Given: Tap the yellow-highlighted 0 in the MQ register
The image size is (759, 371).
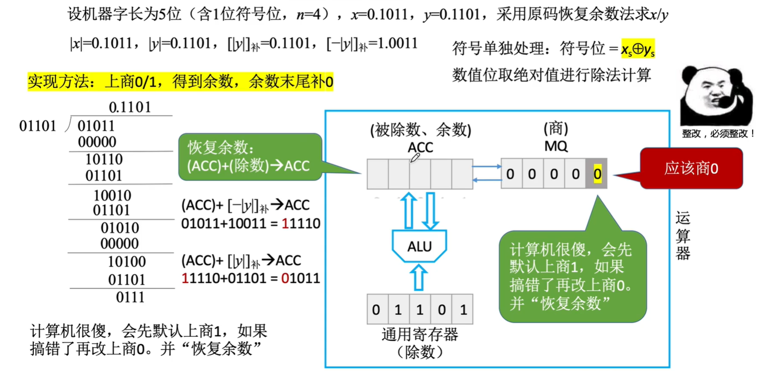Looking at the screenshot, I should point(597,173).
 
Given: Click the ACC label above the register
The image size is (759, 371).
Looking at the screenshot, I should point(420,147).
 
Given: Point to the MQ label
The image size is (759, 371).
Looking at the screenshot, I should point(555,146).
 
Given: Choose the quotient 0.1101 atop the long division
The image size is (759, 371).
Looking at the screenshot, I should point(129,107).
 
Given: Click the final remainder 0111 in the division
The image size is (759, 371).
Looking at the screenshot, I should point(130,297).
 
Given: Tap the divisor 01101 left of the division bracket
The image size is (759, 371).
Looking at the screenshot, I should point(38,127).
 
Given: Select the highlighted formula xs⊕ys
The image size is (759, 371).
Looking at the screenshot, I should point(638,49).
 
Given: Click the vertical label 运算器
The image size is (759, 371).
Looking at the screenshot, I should point(683,235).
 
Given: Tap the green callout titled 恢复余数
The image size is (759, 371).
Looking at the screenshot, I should point(250,157).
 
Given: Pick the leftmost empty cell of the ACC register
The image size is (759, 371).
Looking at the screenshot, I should point(378,174).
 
